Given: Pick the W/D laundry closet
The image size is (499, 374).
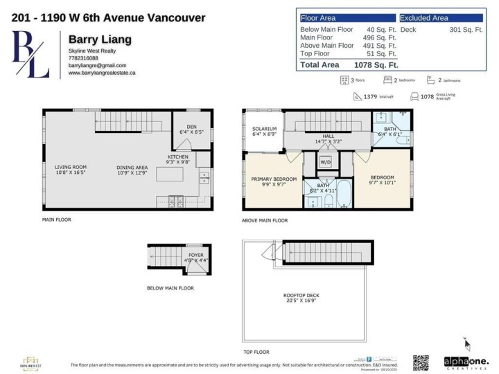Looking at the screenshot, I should coord(324,162).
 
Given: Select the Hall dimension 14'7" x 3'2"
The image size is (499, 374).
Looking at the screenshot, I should coord(329,141).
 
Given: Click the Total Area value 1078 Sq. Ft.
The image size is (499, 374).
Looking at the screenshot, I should coord(376,64).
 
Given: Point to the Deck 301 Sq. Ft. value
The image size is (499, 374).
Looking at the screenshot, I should coord(466,30).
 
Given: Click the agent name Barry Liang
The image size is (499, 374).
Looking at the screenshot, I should coord(91,39).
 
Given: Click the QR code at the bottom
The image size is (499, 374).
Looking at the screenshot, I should coord(421,362).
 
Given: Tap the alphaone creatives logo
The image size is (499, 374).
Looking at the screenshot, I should coord(466,362).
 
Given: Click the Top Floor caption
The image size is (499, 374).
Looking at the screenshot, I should coord(256,352).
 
